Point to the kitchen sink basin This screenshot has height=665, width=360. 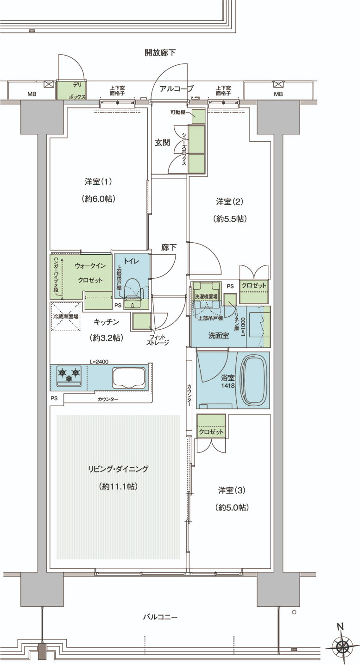click(129, 378)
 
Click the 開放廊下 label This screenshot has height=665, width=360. click(160, 53)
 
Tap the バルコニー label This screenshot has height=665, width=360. click(160, 617)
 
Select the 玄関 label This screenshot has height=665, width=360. click(162, 143)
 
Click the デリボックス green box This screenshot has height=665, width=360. click(71, 90)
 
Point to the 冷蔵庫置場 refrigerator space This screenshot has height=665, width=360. click(66, 316)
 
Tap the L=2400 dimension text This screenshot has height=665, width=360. click(99, 362)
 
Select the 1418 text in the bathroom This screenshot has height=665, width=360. click(228, 386)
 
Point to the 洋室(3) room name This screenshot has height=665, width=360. click(232, 490)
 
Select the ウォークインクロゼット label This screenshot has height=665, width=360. click(90, 273)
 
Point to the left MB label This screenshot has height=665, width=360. click(32, 94)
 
